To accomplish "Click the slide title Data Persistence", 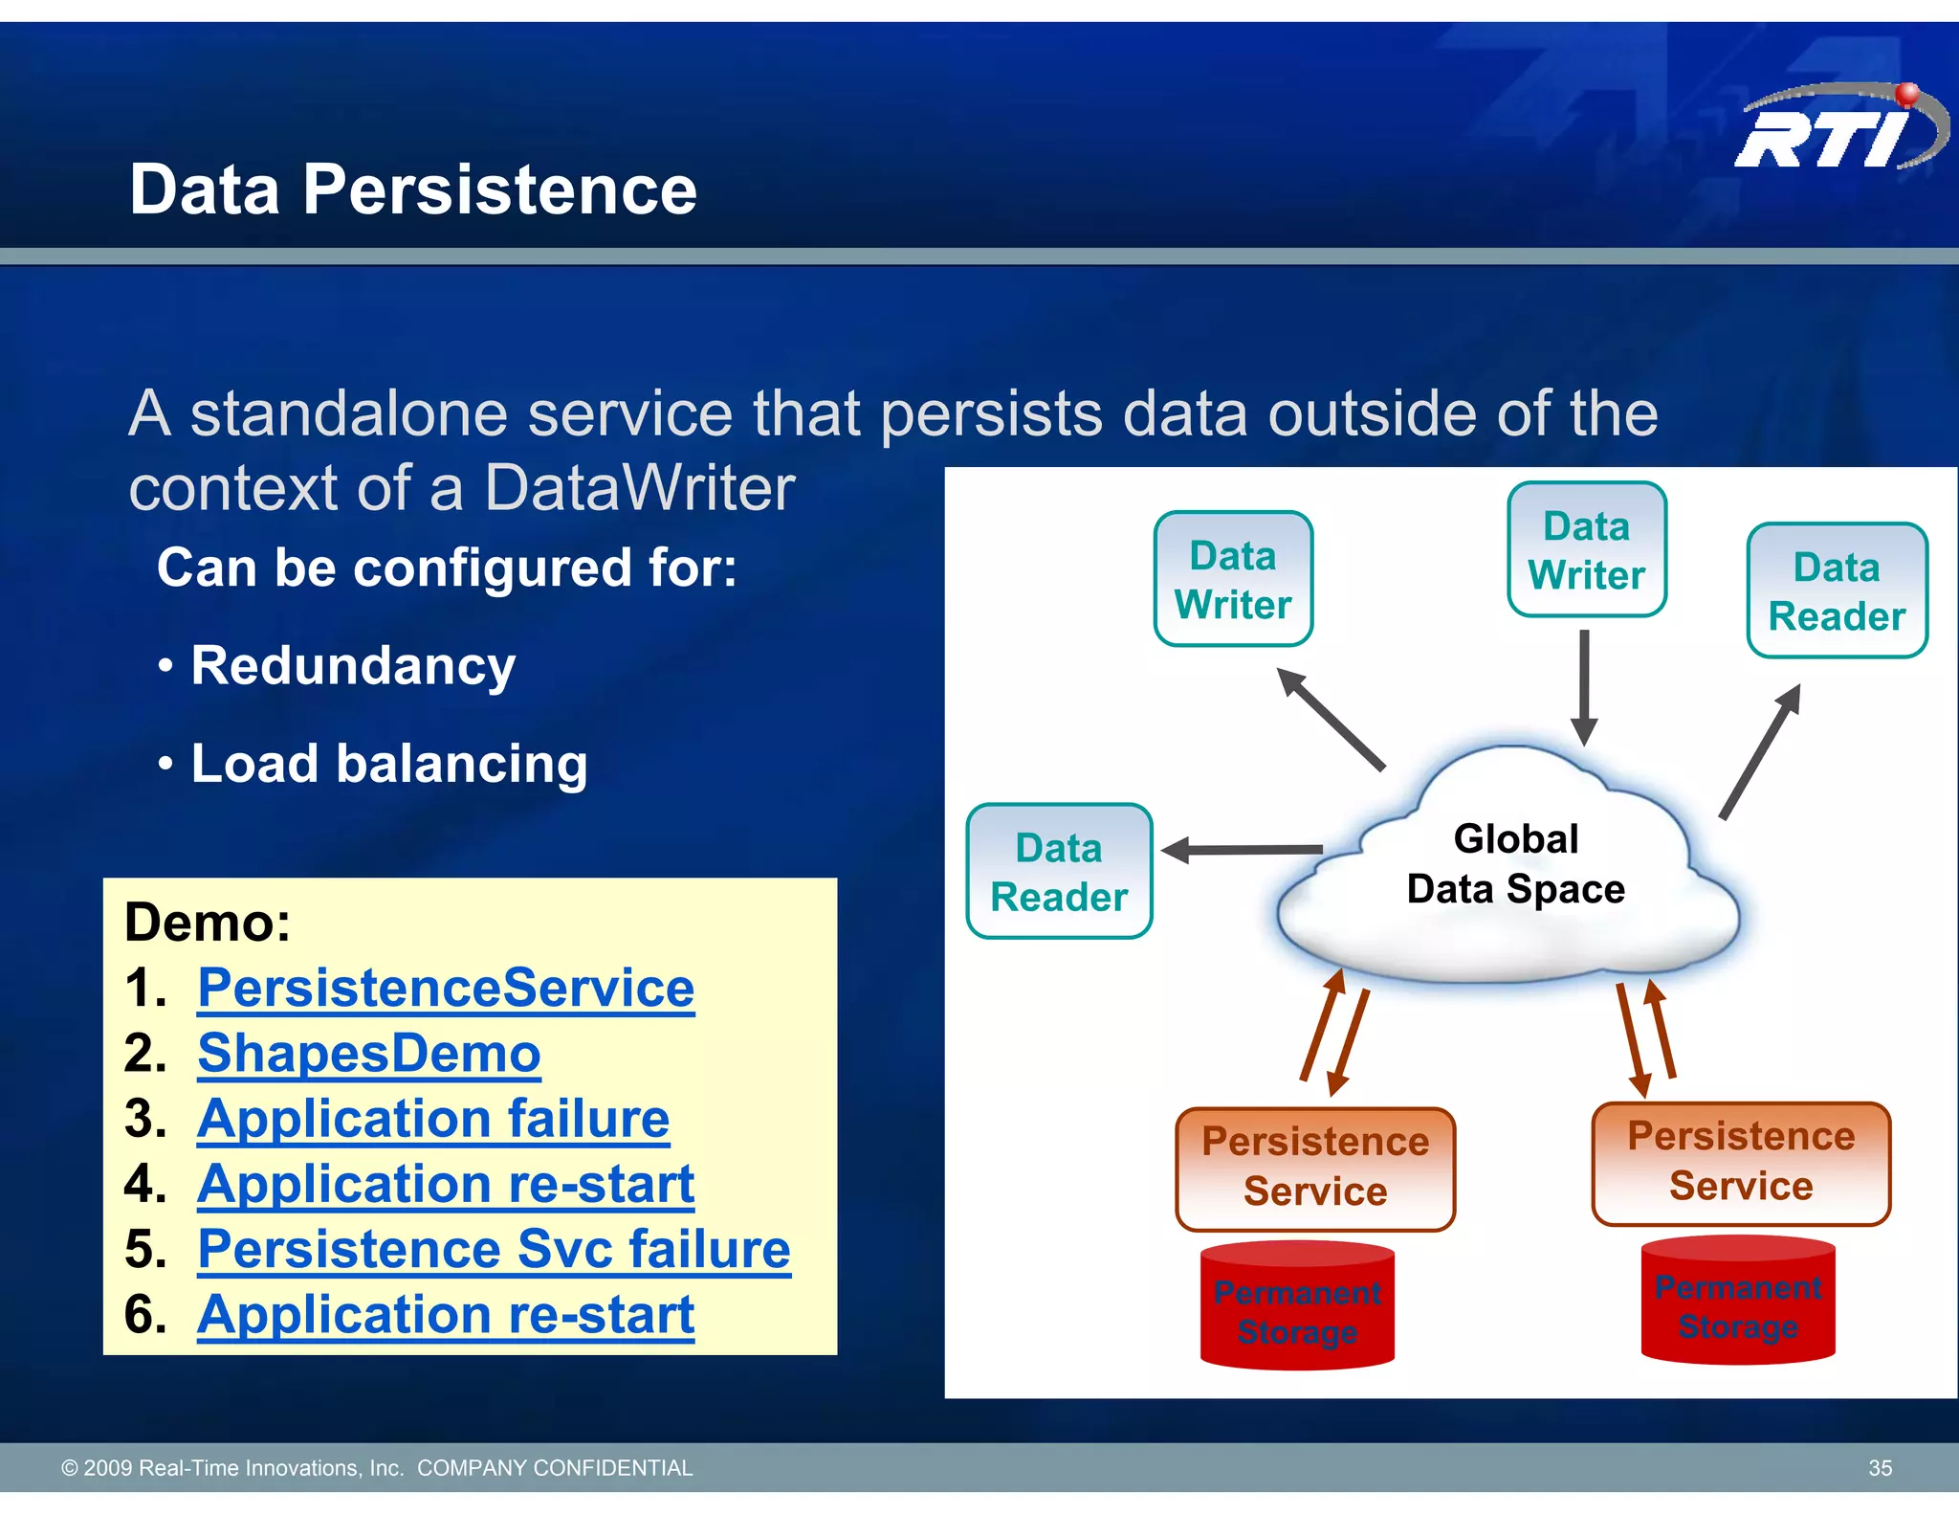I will [x=412, y=189].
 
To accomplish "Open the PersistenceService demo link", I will [x=446, y=988].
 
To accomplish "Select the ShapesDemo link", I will [x=369, y=1053].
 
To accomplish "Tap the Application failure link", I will [x=433, y=1118].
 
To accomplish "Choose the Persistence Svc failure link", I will [x=494, y=1249].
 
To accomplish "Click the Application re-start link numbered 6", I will [x=446, y=1314].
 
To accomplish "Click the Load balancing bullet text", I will [x=388, y=764].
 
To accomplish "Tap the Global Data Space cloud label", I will [x=1515, y=864].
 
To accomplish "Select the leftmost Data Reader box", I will [x=1059, y=872].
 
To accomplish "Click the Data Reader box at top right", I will [x=1837, y=591].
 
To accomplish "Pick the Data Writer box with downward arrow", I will [x=1586, y=550].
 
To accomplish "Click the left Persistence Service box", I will [x=1315, y=1168].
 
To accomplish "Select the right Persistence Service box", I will [x=1741, y=1162].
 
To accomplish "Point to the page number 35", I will [x=1880, y=1468].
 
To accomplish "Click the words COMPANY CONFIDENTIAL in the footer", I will [x=555, y=1468].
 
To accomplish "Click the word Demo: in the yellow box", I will [x=208, y=923].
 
